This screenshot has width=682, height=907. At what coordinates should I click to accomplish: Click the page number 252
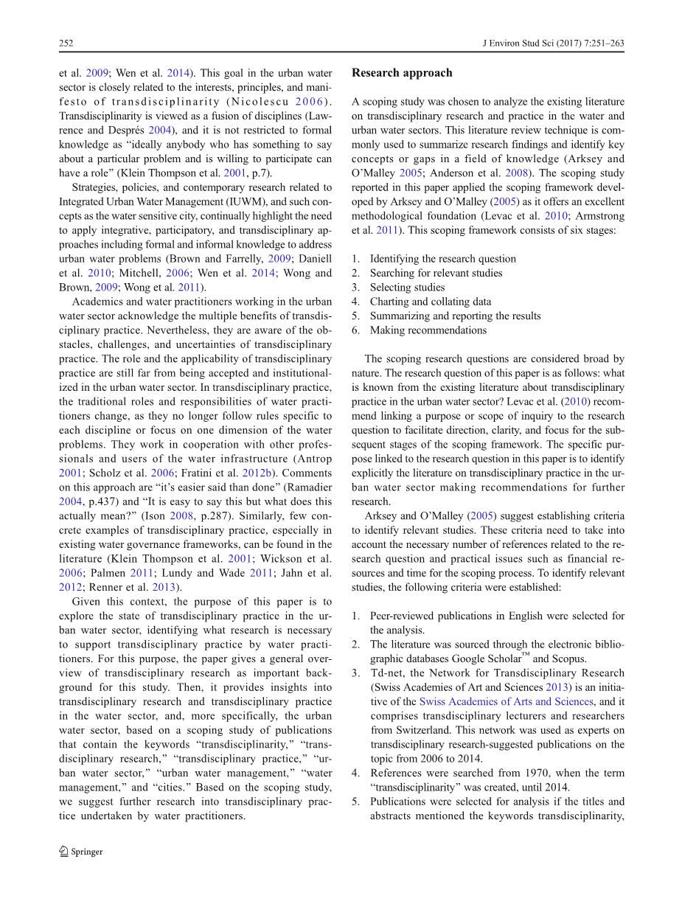click(66, 44)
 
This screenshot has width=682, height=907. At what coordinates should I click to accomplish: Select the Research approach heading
click(402, 73)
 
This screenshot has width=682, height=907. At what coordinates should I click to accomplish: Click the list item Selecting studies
click(407, 288)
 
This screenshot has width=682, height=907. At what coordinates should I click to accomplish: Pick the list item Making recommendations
click(428, 330)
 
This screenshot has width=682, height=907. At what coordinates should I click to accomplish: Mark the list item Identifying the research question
click(442, 259)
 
